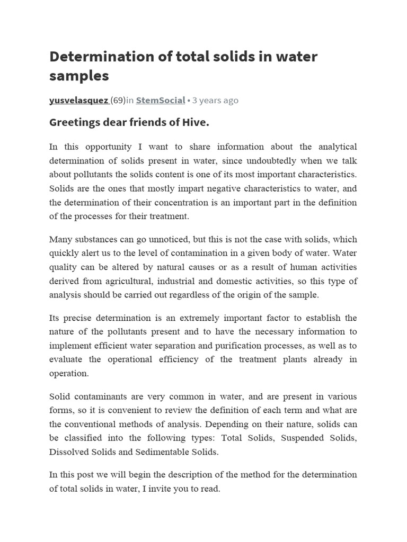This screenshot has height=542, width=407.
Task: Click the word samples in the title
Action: (79, 76)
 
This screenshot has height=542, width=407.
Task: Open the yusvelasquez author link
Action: (78, 100)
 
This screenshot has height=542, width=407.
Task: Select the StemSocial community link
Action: (161, 100)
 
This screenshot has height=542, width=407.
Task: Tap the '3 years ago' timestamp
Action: (215, 100)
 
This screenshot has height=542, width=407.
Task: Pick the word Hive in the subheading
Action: (197, 123)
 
